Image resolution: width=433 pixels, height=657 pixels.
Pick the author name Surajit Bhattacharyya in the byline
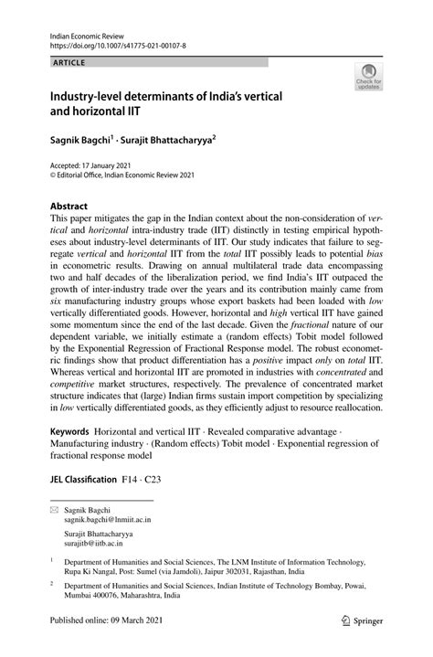(173, 141)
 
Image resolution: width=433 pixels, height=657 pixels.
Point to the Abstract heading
(69, 207)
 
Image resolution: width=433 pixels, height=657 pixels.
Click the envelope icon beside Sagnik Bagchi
(54, 508)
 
